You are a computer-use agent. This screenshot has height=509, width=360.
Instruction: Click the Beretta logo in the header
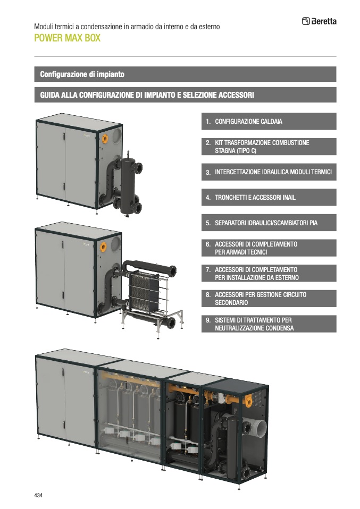(319, 22)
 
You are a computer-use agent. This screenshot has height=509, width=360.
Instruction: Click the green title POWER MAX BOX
(67, 38)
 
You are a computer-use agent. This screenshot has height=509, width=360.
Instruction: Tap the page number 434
(38, 495)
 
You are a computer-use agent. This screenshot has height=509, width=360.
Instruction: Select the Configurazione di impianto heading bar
(185, 74)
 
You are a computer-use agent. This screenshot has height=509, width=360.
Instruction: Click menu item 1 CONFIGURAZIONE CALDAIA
(269, 122)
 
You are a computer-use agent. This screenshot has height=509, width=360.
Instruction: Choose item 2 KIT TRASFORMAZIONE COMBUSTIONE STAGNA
(269, 147)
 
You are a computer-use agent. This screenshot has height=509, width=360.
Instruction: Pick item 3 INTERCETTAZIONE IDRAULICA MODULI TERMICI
(269, 172)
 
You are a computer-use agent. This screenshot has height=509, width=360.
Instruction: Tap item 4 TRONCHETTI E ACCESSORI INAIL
(269, 197)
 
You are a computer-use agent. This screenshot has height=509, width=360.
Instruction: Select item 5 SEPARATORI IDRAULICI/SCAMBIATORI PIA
(269, 223)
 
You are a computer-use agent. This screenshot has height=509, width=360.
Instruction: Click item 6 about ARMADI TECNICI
(269, 248)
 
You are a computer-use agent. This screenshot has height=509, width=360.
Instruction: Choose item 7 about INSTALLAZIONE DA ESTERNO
(269, 273)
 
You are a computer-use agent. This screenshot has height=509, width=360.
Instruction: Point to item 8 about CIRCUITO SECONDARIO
(269, 299)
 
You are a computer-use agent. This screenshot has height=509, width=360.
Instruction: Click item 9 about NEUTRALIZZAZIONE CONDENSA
(269, 324)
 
